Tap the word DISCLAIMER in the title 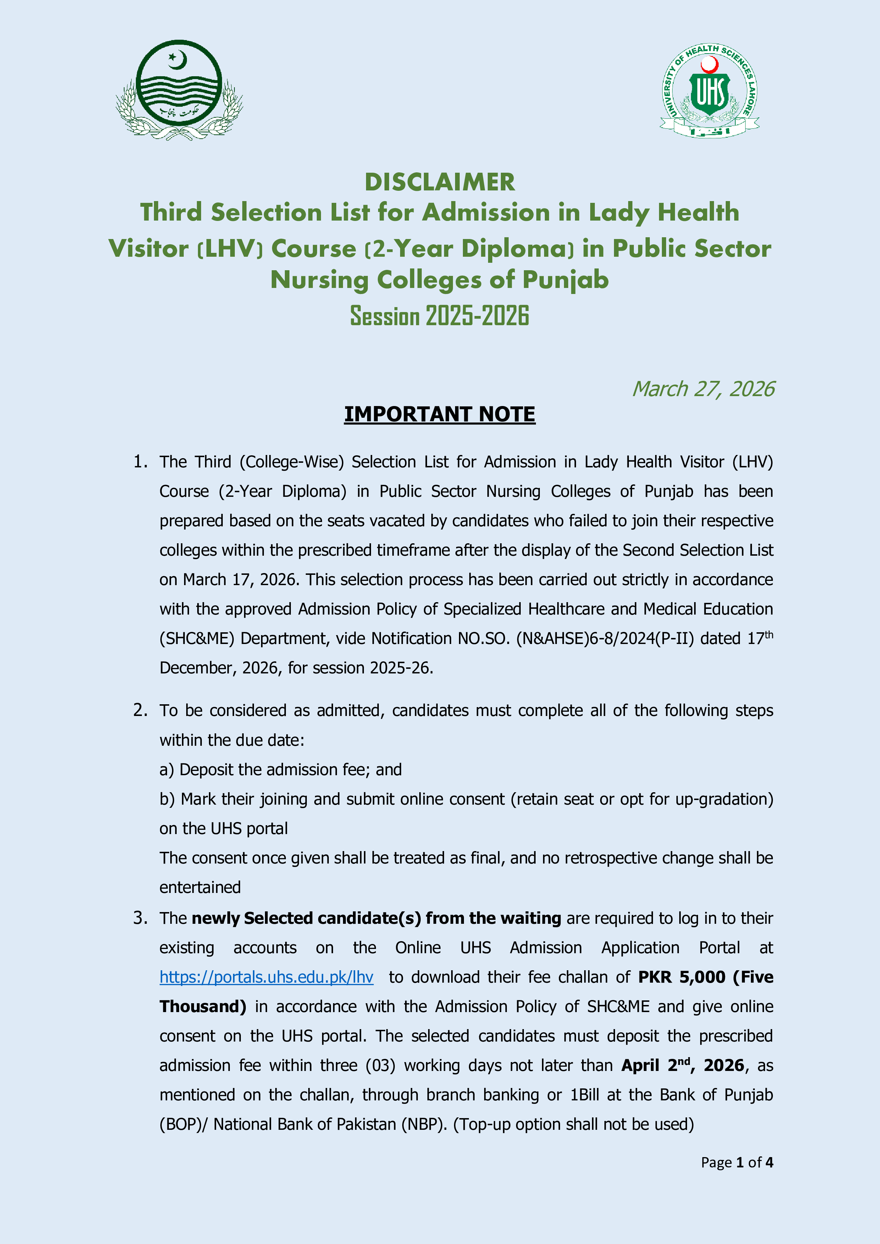(x=439, y=182)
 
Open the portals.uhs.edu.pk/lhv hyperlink (x=266, y=977)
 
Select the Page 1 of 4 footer (x=736, y=1162)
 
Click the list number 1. (x=140, y=462)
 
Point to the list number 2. (x=140, y=710)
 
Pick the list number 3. (x=140, y=918)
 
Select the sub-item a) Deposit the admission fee (x=280, y=770)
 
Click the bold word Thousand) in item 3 (x=203, y=1006)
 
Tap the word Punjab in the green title (x=565, y=280)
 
